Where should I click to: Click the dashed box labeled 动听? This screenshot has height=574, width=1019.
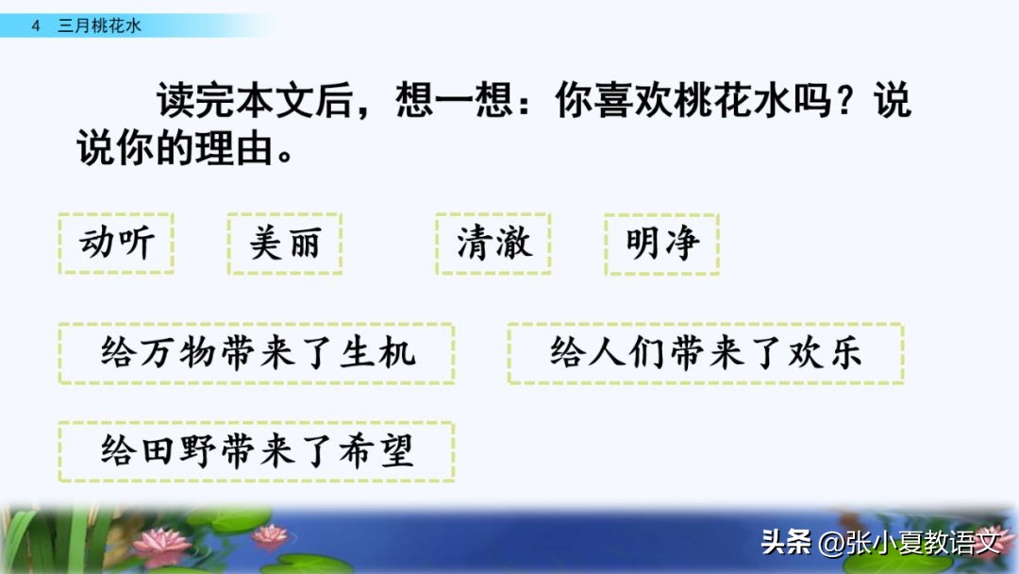116,244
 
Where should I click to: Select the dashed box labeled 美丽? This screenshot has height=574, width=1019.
284,244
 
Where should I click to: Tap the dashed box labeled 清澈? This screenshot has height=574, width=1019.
493,244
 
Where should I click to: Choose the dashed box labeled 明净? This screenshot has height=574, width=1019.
662,244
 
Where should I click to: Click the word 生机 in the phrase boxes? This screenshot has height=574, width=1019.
384,353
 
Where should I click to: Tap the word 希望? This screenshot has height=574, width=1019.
384,451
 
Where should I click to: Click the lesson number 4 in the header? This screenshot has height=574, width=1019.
36,26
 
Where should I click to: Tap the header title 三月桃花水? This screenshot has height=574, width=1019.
99,26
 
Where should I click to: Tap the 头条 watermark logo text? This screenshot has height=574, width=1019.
785,543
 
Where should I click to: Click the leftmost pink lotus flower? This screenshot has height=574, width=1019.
159,542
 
